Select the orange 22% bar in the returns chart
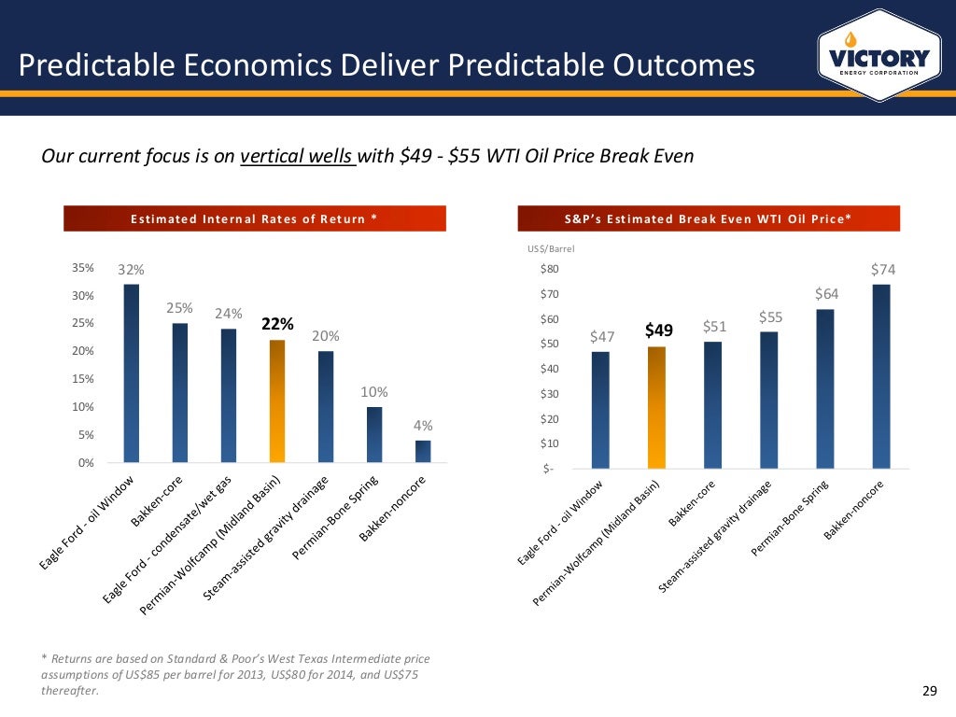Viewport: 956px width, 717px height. pyautogui.click(x=277, y=401)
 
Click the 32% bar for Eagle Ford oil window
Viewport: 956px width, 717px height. pyautogui.click(x=132, y=373)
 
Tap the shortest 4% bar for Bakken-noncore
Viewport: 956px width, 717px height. pyautogui.click(x=423, y=451)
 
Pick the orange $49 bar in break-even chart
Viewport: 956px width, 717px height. pyautogui.click(x=658, y=407)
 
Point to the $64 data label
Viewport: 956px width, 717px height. pyautogui.click(x=828, y=294)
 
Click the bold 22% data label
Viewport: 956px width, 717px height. pyautogui.click(x=277, y=325)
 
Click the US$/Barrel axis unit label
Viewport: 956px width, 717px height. pyautogui.click(x=552, y=249)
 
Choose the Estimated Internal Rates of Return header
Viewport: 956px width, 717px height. pyautogui.click(x=254, y=219)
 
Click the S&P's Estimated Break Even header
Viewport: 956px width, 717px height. pyautogui.click(x=708, y=219)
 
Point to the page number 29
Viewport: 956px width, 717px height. pyautogui.click(x=928, y=691)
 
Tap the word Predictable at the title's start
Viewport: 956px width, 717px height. pyautogui.click(x=90, y=64)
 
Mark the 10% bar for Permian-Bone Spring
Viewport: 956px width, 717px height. pyautogui.click(x=374, y=434)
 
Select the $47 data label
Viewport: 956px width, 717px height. pyautogui.click(x=603, y=336)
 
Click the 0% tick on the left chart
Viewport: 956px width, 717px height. pyautogui.click(x=87, y=463)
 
